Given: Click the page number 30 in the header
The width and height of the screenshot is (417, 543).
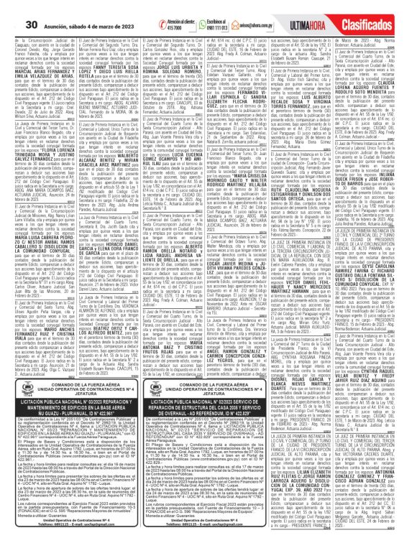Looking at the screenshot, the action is (13, 7).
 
